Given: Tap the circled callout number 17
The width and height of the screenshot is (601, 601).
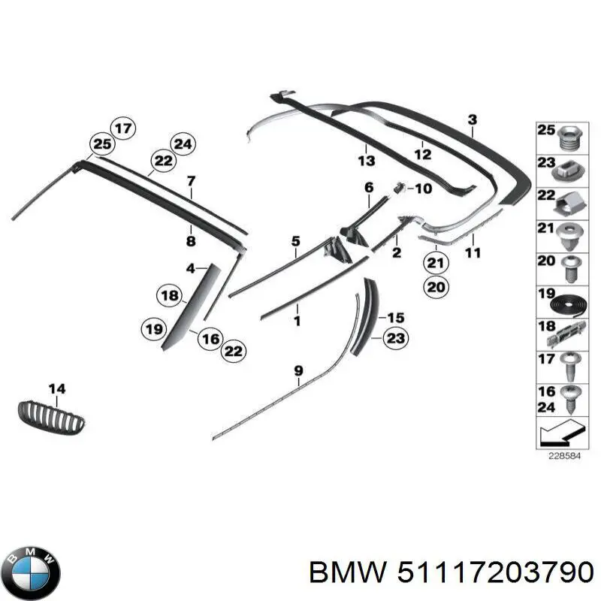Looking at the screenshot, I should [x=123, y=128].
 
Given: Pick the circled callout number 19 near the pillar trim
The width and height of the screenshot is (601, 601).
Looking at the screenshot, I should [x=154, y=328].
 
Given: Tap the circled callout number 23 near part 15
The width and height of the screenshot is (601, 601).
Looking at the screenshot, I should [x=395, y=339].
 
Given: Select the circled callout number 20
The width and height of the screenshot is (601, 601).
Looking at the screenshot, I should [x=436, y=286].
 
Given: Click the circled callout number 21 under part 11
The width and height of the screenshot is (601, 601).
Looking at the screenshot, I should [x=436, y=263].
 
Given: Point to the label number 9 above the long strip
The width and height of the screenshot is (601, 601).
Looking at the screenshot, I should [x=298, y=370].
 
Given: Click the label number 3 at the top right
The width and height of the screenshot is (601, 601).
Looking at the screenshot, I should [x=472, y=119].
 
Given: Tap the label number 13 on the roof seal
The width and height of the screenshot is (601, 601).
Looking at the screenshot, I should [x=366, y=161].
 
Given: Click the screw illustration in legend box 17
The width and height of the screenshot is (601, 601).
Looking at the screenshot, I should [x=568, y=365].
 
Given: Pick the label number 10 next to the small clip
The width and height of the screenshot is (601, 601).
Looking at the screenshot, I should [x=423, y=189].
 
